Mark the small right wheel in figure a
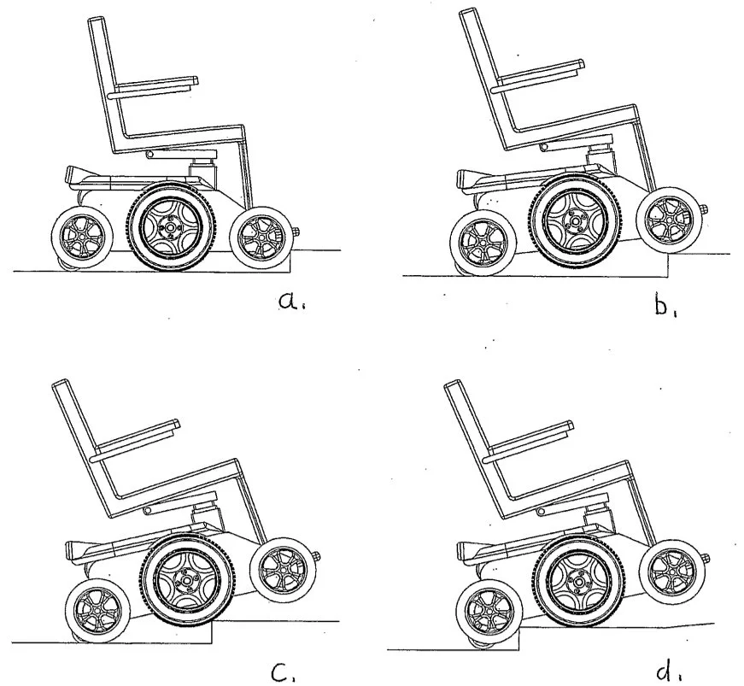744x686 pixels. (x=262, y=236)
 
